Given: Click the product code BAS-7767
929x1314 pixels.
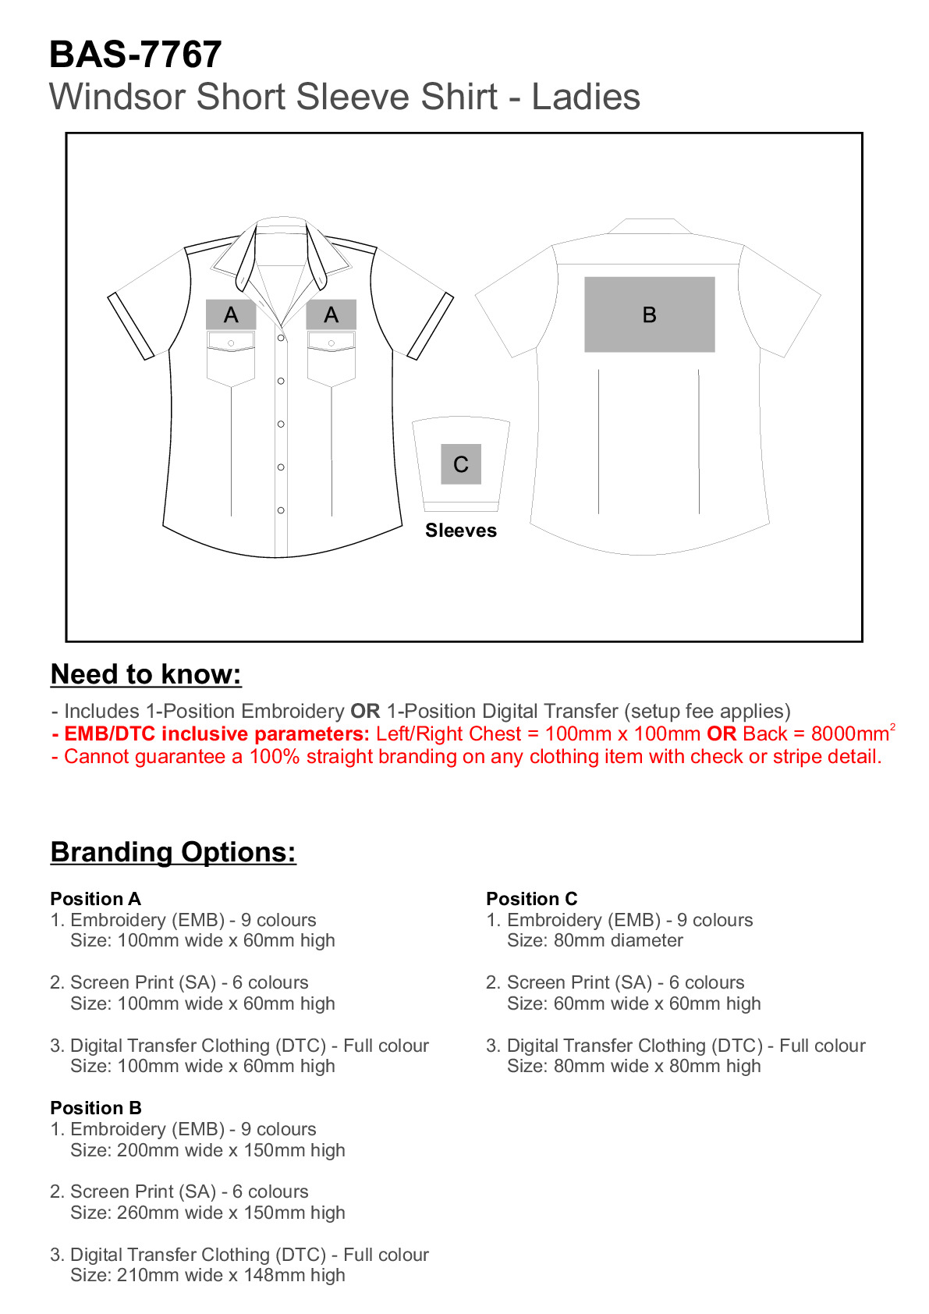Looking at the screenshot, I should click(x=135, y=55).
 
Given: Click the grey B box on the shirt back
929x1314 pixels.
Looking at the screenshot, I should click(x=649, y=314).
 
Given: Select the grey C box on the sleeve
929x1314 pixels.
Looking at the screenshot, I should click(x=460, y=464).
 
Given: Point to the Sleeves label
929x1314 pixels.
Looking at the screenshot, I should click(x=460, y=531).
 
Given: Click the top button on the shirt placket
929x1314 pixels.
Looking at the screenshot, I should click(x=281, y=338).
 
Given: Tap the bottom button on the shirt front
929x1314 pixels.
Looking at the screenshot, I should click(x=281, y=510).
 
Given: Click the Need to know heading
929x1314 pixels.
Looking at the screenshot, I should click(x=146, y=674).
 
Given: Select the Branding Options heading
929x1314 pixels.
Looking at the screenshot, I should click(x=173, y=852).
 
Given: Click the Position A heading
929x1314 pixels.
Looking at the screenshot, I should click(x=95, y=899).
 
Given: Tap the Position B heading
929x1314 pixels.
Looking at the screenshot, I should click(x=95, y=1108).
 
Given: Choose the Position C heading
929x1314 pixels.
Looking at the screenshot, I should click(x=531, y=899).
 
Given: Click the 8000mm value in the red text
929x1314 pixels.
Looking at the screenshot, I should click(x=849, y=734).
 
